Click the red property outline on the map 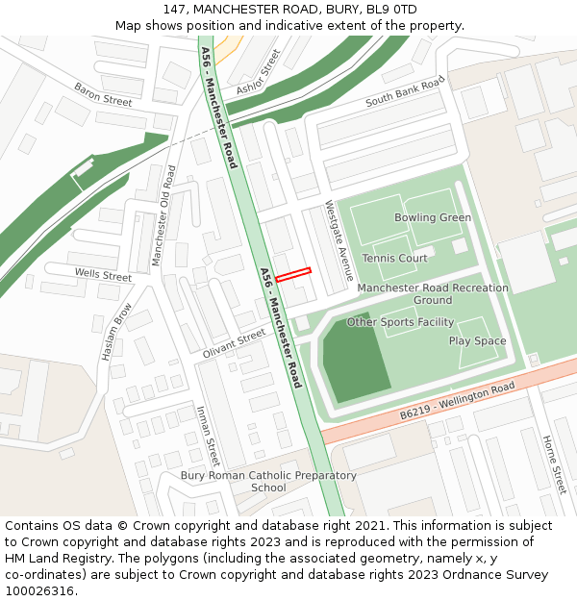click(294, 274)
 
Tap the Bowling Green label click(433, 217)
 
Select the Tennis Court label click(395, 258)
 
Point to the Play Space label click(477, 341)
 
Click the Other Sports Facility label click(400, 322)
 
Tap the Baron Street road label click(103, 94)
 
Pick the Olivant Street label click(234, 342)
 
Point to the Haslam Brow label click(116, 333)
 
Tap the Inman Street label click(208, 436)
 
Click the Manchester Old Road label click(164, 215)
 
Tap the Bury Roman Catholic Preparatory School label click(268, 482)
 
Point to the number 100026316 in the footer click(40, 590)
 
